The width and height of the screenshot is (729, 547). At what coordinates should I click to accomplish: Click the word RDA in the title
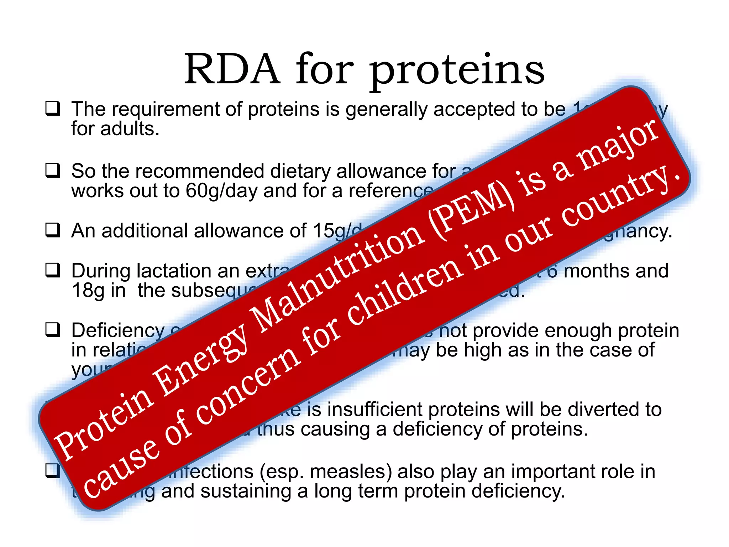[232, 69]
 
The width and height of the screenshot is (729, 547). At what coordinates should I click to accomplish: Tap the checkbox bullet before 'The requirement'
[53, 108]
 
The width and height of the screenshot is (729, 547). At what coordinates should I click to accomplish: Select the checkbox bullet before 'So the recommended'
[53, 170]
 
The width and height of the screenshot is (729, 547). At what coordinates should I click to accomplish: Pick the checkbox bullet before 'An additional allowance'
[53, 230]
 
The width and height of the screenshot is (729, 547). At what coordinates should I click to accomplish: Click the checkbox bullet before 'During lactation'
[53, 270]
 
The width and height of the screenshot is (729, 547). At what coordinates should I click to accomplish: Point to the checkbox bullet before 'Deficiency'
[53, 329]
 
